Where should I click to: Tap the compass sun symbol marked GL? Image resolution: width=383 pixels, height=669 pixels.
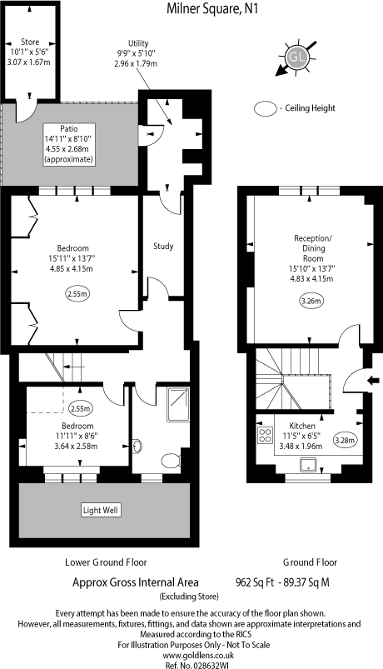297,57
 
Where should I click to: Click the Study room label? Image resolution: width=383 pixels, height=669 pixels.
162,246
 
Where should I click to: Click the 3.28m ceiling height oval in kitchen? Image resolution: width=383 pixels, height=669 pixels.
345,440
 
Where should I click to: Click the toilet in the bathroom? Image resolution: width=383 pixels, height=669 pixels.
171,459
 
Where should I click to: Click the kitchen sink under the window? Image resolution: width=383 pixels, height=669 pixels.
307,466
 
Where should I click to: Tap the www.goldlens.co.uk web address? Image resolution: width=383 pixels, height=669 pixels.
191,645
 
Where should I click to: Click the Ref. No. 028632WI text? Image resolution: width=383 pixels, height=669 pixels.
191,656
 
